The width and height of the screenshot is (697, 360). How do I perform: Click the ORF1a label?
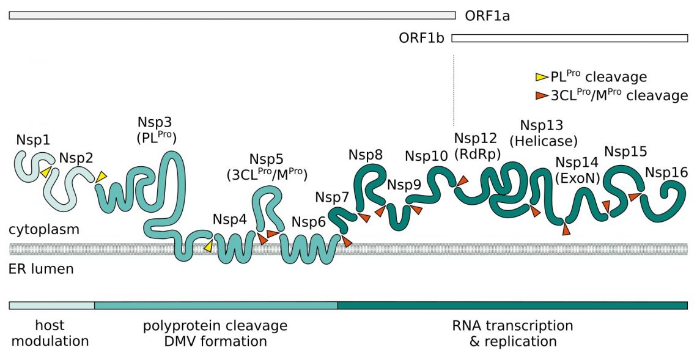(x=487, y=15)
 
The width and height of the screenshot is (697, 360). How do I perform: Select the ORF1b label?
(x=422, y=39)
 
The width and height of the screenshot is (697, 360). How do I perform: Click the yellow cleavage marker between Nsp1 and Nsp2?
(x=45, y=172)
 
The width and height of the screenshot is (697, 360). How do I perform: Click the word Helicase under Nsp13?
(x=546, y=141)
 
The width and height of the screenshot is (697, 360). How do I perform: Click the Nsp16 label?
(x=666, y=172)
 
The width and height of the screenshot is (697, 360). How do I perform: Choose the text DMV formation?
(x=219, y=341)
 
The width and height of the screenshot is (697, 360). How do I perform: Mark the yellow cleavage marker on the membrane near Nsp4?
(x=208, y=246)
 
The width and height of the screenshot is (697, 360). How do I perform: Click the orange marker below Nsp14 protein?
(x=566, y=230)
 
